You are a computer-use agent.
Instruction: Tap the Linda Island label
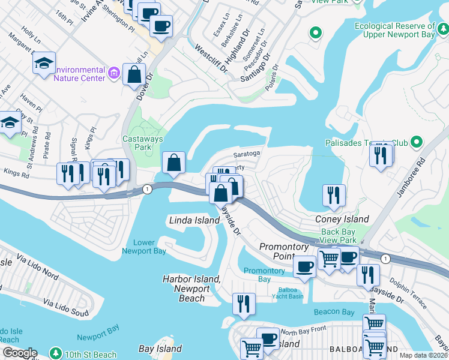coord(194,221)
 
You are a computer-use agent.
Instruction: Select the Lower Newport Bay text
coord(144,247)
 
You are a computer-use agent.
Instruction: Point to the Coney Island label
coord(342,220)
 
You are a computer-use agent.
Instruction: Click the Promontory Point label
coord(284,251)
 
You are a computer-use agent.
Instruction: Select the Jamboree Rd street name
coord(409,178)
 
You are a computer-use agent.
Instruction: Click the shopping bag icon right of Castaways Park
coord(174,162)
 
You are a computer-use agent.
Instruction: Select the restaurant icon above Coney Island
coord(334,194)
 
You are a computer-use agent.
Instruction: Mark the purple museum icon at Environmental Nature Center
coord(114,74)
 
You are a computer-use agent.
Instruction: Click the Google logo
coord(19,353)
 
